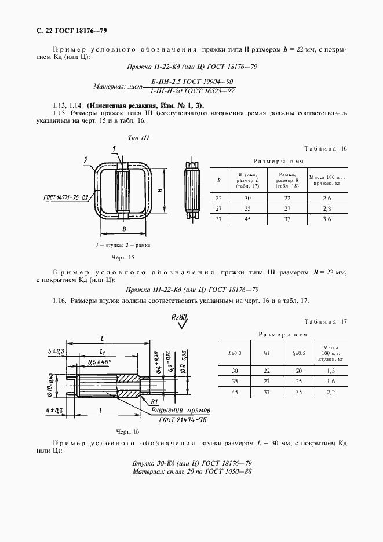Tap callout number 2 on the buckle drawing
[x=85, y=159]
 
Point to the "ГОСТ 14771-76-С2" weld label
[x=66, y=197]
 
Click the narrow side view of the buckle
[x=192, y=189]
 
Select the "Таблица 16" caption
[x=326, y=149]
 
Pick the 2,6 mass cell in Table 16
[x=327, y=198]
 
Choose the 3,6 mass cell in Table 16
[x=327, y=219]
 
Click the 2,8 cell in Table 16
[x=327, y=208]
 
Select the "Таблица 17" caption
[x=326, y=321]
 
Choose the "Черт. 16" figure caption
[x=128, y=432]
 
